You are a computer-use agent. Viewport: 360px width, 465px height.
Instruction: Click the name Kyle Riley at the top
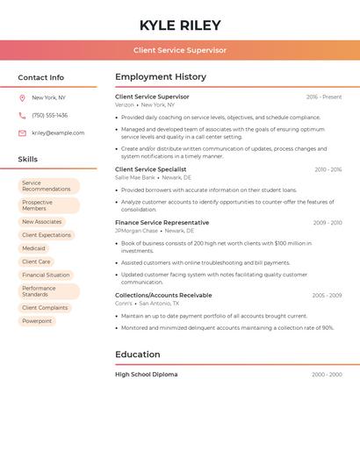tap(180, 25)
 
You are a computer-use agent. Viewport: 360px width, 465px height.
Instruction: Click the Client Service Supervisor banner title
tap(180, 51)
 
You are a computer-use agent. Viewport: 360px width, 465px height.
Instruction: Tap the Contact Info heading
tap(41, 77)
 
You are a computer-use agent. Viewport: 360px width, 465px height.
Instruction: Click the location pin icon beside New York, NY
tap(22, 98)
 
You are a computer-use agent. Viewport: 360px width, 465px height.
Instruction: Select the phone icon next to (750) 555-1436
tap(22, 116)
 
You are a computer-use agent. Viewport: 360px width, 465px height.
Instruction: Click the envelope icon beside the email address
tap(22, 133)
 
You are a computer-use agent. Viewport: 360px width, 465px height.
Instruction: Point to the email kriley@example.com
tap(58, 133)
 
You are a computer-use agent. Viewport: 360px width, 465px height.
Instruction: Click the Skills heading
tap(28, 160)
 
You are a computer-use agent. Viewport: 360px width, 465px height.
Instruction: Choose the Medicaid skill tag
tap(33, 248)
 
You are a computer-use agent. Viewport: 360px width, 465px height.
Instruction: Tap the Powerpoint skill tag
tap(37, 321)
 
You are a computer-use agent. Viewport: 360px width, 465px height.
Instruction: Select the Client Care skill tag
tap(36, 261)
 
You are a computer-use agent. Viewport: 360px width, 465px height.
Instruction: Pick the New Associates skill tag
tap(42, 222)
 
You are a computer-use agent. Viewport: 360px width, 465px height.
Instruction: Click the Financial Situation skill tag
tap(46, 275)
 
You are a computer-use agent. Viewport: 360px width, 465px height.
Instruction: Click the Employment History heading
tap(161, 77)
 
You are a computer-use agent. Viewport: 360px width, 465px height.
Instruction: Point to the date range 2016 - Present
tap(324, 97)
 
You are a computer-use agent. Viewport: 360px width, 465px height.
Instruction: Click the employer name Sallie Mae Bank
tap(134, 177)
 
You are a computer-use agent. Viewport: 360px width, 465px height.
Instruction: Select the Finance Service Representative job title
tap(162, 223)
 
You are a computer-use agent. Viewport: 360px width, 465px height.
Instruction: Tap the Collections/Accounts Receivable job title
tap(163, 296)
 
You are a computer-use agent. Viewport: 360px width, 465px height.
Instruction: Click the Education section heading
tap(138, 354)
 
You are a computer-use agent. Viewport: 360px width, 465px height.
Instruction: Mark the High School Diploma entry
tap(146, 375)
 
